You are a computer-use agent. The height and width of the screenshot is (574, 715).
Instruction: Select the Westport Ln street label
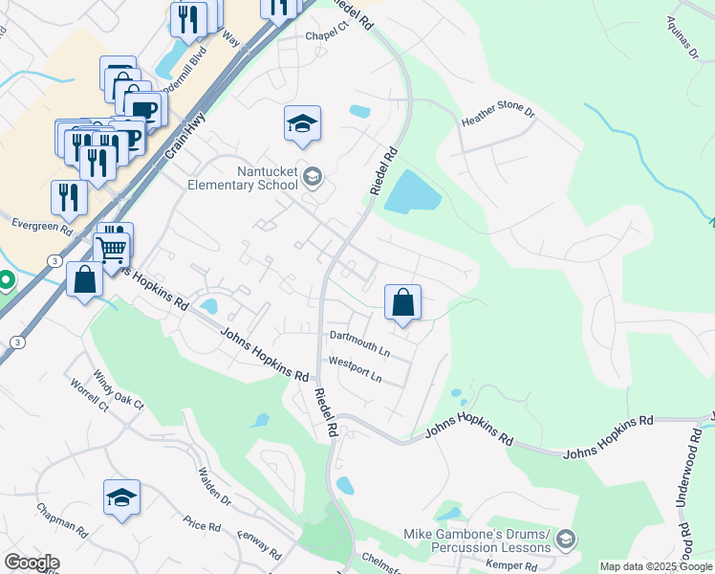click(355, 369)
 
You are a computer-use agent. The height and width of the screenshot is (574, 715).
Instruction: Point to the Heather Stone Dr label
click(498, 116)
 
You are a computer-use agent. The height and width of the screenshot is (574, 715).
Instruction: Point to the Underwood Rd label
click(687, 489)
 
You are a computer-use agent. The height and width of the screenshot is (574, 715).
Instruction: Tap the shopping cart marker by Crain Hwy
click(112, 250)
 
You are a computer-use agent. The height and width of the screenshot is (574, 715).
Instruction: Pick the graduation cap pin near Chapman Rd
click(122, 497)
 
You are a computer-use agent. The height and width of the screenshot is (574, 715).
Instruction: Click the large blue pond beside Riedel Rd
click(412, 192)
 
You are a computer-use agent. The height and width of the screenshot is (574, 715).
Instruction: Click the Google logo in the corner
click(32, 563)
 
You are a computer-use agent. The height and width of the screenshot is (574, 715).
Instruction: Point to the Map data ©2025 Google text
click(657, 566)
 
